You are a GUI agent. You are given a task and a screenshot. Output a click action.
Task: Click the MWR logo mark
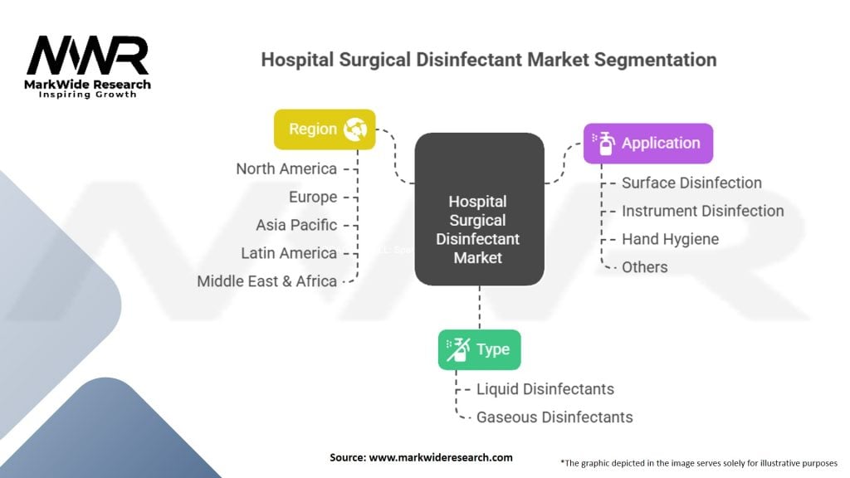pyautogui.click(x=88, y=55)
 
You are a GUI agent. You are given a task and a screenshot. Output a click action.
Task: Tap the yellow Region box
pyautogui.click(x=325, y=129)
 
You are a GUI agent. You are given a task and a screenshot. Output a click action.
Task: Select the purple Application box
pyautogui.click(x=648, y=143)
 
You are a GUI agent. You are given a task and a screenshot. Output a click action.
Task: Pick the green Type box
pyautogui.click(x=479, y=349)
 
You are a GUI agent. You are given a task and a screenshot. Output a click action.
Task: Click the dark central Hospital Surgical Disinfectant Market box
pyautogui.click(x=479, y=208)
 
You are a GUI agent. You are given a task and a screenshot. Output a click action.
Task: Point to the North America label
pyautogui.click(x=286, y=169)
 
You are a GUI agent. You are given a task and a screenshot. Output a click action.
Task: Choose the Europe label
pyautogui.click(x=313, y=198)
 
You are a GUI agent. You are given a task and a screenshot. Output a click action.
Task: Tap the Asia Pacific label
pyautogui.click(x=296, y=225)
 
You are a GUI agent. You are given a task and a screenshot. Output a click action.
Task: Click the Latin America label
pyautogui.click(x=289, y=253)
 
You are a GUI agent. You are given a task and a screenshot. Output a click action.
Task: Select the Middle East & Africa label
pyautogui.click(x=266, y=281)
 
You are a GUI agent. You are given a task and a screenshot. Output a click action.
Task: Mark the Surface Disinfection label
pyautogui.click(x=691, y=183)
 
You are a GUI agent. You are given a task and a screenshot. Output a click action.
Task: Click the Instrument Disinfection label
pyautogui.click(x=702, y=211)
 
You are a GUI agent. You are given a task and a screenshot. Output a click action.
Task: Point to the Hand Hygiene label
pyautogui.click(x=670, y=239)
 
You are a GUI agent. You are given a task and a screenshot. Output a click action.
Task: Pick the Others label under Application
pyautogui.click(x=644, y=267)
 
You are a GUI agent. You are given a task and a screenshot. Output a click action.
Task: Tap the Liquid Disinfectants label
pyautogui.click(x=545, y=389)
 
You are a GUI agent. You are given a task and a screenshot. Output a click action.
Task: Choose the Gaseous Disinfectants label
pyautogui.click(x=554, y=417)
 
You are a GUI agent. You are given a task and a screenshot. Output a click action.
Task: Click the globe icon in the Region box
pyautogui.click(x=355, y=129)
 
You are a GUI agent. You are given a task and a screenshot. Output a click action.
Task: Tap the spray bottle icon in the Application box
pyautogui.click(x=603, y=143)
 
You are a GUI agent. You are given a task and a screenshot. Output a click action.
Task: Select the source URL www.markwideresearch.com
pyautogui.click(x=441, y=457)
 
